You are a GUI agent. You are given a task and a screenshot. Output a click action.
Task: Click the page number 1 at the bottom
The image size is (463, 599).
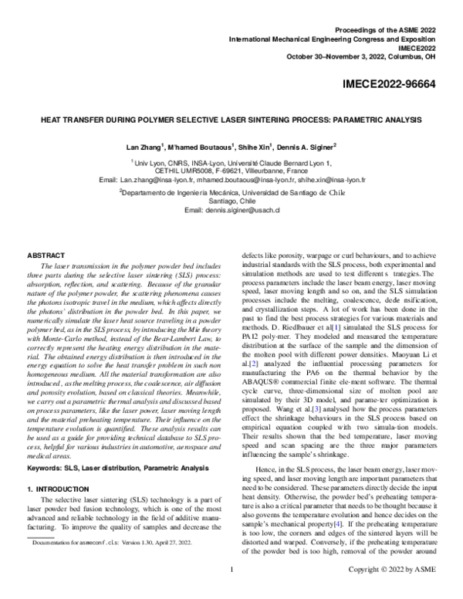click(231, 591)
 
